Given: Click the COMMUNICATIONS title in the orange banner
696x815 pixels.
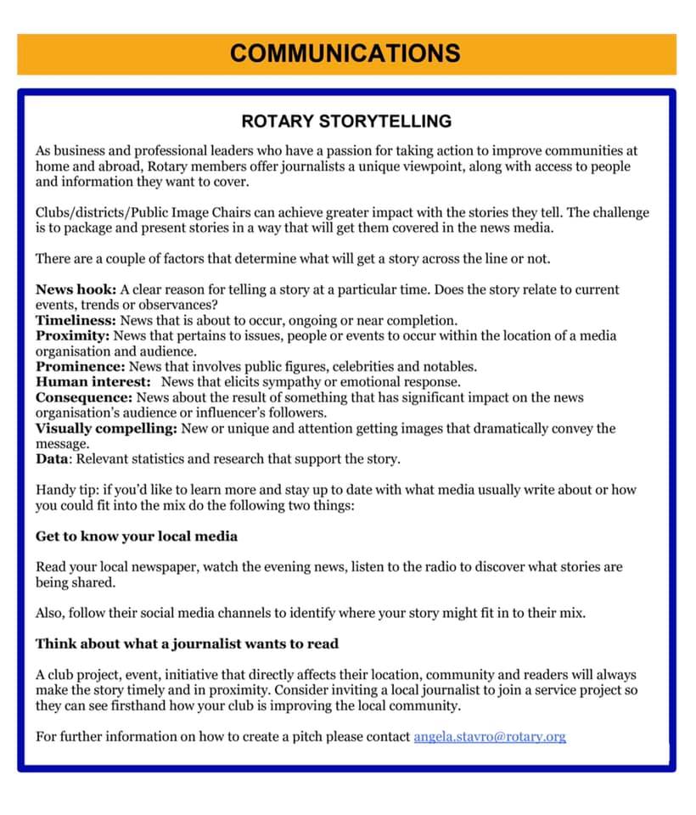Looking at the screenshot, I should (x=345, y=53).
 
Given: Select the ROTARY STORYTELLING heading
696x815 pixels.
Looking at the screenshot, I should (x=346, y=121).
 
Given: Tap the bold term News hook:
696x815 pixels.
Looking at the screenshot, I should (x=70, y=289).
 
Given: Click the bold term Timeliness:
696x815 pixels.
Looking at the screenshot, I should (x=76, y=320).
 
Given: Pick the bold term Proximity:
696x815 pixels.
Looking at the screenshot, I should (x=73, y=335).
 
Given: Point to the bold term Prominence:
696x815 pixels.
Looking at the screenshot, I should (x=80, y=367).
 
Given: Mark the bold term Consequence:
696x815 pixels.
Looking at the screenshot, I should (x=83, y=397).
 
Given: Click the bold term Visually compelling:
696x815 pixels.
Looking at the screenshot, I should (x=106, y=428).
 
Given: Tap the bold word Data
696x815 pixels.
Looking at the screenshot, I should (x=52, y=459).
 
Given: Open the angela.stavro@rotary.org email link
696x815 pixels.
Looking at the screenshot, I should (x=490, y=736).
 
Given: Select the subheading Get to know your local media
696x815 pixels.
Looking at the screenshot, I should (x=137, y=536).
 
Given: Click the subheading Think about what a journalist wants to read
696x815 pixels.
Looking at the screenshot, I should (x=187, y=644).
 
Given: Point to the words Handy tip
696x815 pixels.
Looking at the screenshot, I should (x=65, y=490).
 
